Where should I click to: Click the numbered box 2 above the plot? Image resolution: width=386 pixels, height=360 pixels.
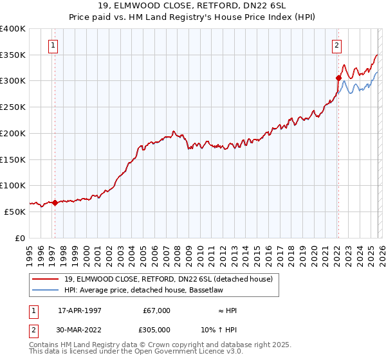tap(336, 45)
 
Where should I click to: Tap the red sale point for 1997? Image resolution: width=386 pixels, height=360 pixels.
tap(55, 203)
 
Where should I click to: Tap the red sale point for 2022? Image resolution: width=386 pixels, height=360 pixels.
tap(338, 78)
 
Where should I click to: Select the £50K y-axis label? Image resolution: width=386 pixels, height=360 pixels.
tap(15, 211)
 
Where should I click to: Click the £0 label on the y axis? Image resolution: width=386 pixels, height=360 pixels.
tap(21, 237)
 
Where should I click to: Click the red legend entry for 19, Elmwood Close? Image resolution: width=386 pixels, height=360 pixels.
tap(169, 279)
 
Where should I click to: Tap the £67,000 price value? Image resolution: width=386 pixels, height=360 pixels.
tap(156, 310)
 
